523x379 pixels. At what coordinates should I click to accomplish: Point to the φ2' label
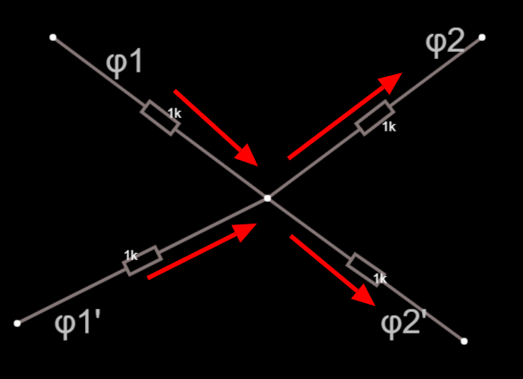click(404, 323)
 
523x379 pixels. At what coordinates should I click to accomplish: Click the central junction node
click(267, 198)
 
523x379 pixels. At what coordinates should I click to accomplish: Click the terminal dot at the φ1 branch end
click(53, 38)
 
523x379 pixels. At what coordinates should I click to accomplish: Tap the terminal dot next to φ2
click(482, 38)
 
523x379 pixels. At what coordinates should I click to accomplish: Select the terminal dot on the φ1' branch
click(17, 324)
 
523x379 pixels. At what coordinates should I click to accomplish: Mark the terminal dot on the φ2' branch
click(464, 341)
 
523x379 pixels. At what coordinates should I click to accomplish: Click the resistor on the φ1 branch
click(160, 118)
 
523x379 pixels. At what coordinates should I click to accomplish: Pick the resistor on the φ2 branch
click(375, 118)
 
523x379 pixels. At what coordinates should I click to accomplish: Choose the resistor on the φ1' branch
click(142, 261)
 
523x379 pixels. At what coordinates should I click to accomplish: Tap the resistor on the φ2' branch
click(366, 270)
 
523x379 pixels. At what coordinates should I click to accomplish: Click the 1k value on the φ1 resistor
click(174, 114)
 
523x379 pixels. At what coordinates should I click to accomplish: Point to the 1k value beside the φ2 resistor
click(389, 127)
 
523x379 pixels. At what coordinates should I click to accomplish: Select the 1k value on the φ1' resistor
click(131, 256)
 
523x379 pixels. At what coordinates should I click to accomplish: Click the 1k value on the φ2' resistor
click(380, 279)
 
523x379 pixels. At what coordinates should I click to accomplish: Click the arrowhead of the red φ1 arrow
click(248, 156)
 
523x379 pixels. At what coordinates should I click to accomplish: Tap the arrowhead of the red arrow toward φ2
click(391, 82)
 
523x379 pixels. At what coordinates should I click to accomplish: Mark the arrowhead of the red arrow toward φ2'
click(365, 296)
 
